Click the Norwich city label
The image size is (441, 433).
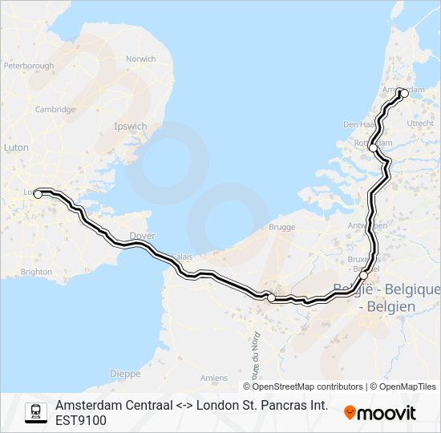click(x=140, y=59)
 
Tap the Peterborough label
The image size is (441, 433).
click(x=29, y=66)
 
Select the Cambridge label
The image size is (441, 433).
click(x=55, y=110)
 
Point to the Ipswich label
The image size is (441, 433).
click(x=130, y=127)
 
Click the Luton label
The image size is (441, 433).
click(x=16, y=148)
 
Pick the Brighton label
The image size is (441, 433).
click(x=36, y=272)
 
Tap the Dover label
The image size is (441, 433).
click(x=142, y=236)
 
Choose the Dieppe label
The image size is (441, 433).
click(x=125, y=374)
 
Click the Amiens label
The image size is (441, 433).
click(x=214, y=378)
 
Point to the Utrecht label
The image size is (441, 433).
click(x=420, y=123)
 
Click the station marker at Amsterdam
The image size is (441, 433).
click(x=403, y=94)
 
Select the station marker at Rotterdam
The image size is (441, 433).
click(x=373, y=148)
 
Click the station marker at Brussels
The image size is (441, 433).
click(x=364, y=275)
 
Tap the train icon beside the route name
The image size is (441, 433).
click(x=35, y=412)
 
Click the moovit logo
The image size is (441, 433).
click(x=380, y=413)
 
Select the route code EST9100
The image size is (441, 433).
click(x=80, y=420)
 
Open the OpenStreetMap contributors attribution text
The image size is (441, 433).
click(x=303, y=386)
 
